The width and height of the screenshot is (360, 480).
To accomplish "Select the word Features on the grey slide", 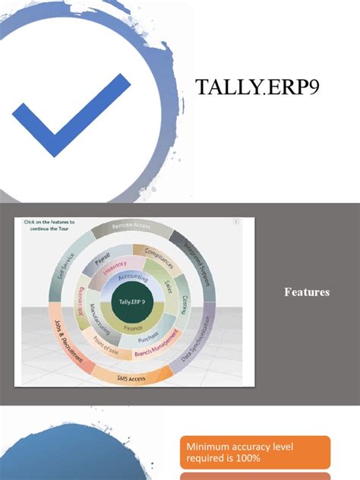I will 307,292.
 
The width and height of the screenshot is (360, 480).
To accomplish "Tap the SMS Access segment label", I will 131,377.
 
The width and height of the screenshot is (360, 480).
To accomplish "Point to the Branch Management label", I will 157,344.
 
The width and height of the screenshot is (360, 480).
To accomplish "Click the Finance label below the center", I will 133,327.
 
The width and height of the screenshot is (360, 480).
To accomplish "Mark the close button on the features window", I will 235,222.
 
